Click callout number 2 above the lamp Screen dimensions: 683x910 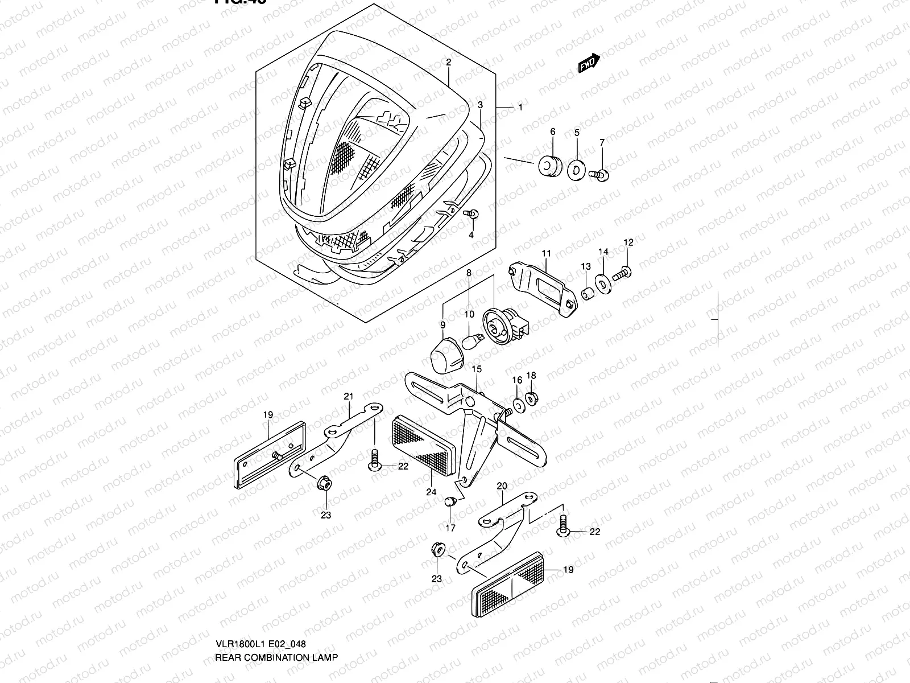click(448, 63)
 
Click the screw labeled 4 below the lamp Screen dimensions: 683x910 click(472, 215)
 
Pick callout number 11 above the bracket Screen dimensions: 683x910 click(547, 253)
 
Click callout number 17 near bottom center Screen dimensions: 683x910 click(450, 528)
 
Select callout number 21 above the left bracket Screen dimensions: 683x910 click(349, 397)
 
